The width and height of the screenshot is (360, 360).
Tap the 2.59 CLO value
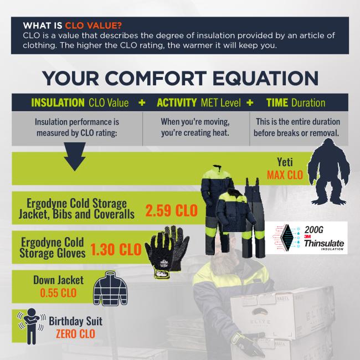point(172,210)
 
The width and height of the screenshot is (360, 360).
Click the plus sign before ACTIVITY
point(142,103)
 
